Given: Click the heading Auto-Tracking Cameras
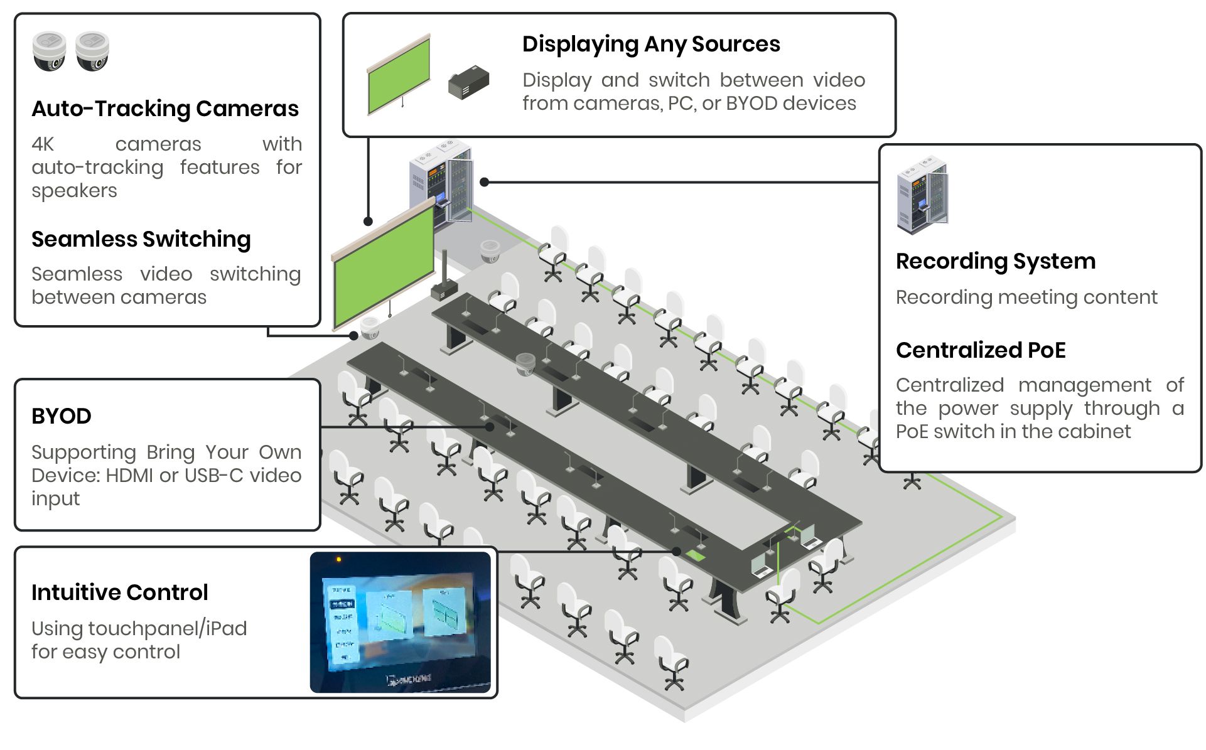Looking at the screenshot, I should (x=165, y=109).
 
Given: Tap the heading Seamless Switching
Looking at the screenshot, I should (x=141, y=239).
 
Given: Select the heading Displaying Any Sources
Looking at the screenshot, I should (x=651, y=44).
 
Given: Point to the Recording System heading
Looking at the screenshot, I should (x=996, y=261).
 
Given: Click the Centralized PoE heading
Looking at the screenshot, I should (x=981, y=350).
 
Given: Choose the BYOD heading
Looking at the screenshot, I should (x=62, y=416).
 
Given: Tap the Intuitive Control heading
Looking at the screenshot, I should (x=120, y=592).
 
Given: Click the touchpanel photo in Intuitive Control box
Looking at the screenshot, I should (x=401, y=623).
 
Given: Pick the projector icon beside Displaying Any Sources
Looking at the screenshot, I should (x=468, y=83).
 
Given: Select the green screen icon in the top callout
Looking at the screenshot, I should (x=399, y=76).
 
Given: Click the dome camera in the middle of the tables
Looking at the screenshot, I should (x=525, y=363).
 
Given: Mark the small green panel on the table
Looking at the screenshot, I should (x=696, y=555).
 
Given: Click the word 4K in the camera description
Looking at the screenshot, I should (x=43, y=144).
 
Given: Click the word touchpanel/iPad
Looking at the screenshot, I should (x=168, y=629).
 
